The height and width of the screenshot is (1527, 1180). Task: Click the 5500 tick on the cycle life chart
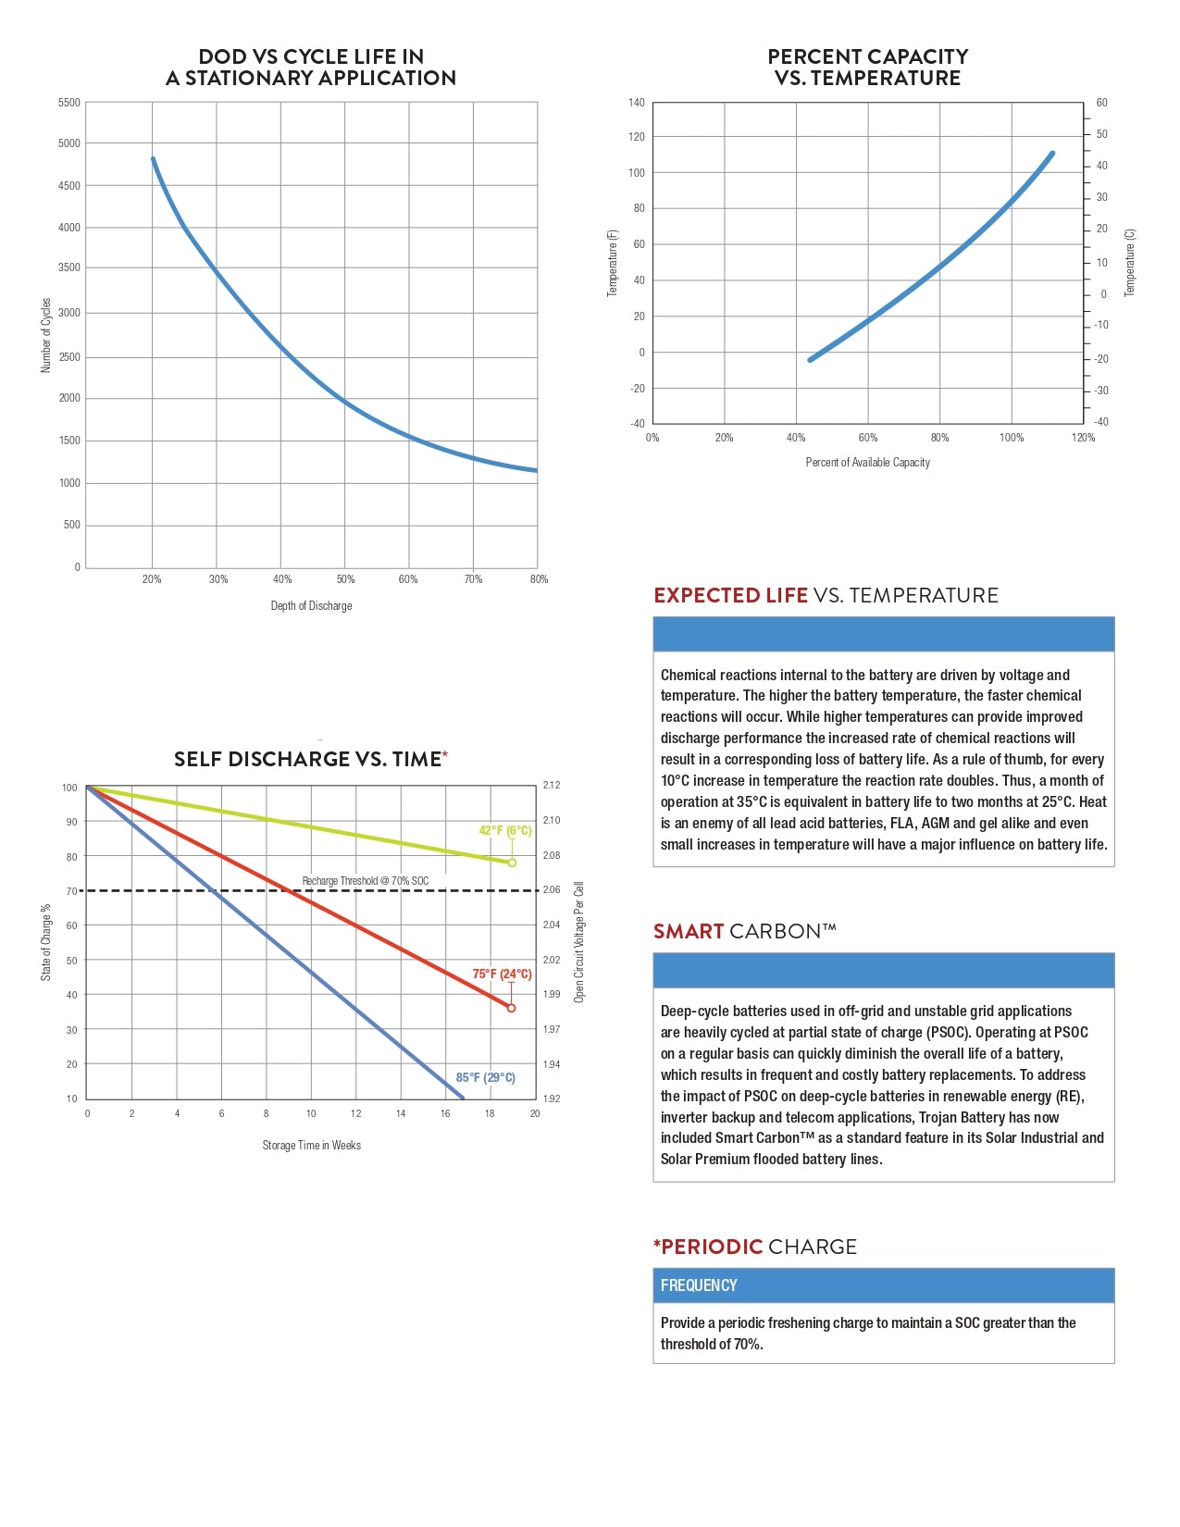point(69,103)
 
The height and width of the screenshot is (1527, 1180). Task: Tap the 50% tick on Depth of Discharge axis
point(345,579)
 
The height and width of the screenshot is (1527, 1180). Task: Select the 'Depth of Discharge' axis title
point(311,606)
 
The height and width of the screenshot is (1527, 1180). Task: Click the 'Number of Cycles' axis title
point(46,335)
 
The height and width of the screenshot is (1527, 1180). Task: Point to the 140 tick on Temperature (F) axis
point(636,103)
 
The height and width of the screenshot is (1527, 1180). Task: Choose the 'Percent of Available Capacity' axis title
point(867,463)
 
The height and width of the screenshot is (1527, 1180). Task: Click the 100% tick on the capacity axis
point(1012,438)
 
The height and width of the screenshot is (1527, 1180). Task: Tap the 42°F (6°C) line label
point(504,831)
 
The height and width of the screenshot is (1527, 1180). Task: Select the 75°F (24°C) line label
point(502,975)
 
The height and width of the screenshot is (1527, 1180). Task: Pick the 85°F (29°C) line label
point(485,1078)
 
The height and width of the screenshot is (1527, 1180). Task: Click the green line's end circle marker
point(512,863)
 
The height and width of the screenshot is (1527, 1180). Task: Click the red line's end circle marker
point(511,1008)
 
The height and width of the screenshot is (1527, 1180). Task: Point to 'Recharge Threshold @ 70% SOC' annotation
point(366,881)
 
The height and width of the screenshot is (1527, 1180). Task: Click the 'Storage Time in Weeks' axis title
point(311,1146)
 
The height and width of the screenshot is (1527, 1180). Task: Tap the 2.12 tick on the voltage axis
point(552,786)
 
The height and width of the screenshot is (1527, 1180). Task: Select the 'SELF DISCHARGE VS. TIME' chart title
point(308,760)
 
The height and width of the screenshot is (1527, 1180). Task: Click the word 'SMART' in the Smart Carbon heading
point(689,932)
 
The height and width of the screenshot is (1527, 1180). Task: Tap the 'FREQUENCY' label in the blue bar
point(699,1285)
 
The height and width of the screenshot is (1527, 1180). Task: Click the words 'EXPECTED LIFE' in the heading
point(731,596)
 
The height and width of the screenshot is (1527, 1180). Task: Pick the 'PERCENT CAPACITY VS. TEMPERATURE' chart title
point(867,68)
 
